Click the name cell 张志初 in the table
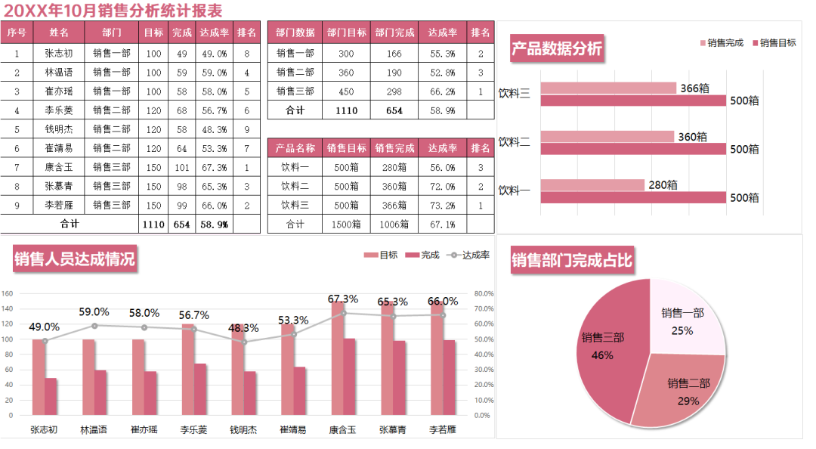coord(59,54)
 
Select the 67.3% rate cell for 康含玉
coord(214,167)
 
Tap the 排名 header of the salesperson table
coord(246,33)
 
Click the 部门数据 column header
coord(295,33)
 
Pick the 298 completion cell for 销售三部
coord(394,91)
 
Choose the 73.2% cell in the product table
coord(442,205)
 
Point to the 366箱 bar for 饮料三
coord(608,88)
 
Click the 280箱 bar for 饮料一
coord(592,185)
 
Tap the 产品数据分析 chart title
coord(556,49)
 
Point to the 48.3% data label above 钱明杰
coord(243,328)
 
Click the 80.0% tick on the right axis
coord(484,293)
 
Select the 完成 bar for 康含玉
coord(348,376)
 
